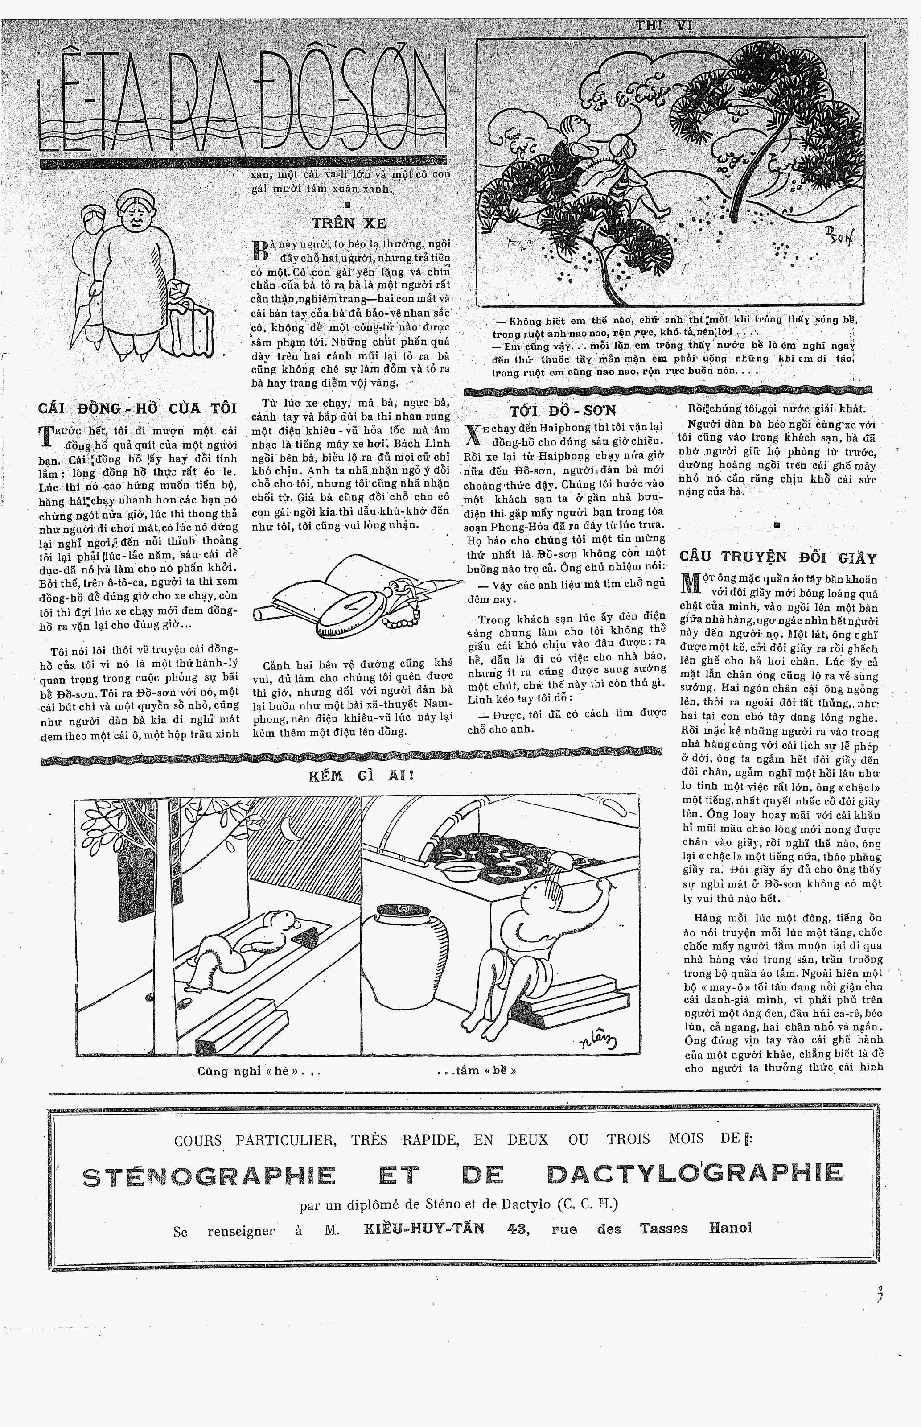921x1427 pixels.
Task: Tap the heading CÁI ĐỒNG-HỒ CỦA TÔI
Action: point(137,408)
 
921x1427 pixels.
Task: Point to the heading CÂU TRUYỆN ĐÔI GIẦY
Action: point(778,557)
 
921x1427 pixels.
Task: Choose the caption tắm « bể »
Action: point(476,1070)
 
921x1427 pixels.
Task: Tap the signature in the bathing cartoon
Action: point(598,1041)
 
